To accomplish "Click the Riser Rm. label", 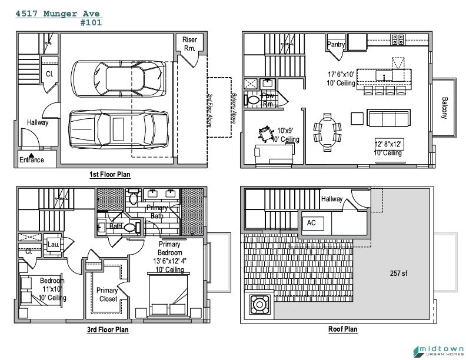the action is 189,44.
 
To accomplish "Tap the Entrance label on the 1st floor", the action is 32,160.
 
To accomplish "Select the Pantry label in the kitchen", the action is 336,44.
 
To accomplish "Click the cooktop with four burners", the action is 398,39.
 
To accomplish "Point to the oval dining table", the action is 327,132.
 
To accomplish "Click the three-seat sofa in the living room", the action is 389,118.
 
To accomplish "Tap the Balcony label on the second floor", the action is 444,108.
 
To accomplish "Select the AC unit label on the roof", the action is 311,223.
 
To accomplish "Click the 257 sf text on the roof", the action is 398,273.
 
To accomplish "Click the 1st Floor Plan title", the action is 110,174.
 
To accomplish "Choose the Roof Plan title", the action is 342,329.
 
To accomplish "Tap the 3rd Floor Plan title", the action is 108,329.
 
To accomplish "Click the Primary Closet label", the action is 107,295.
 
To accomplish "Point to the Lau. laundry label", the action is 54,245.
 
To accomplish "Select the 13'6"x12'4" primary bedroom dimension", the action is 169,261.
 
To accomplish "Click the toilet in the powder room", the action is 252,100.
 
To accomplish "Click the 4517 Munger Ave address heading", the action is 58,14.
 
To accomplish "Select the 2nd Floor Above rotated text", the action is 209,111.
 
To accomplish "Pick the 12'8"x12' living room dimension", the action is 388,144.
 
